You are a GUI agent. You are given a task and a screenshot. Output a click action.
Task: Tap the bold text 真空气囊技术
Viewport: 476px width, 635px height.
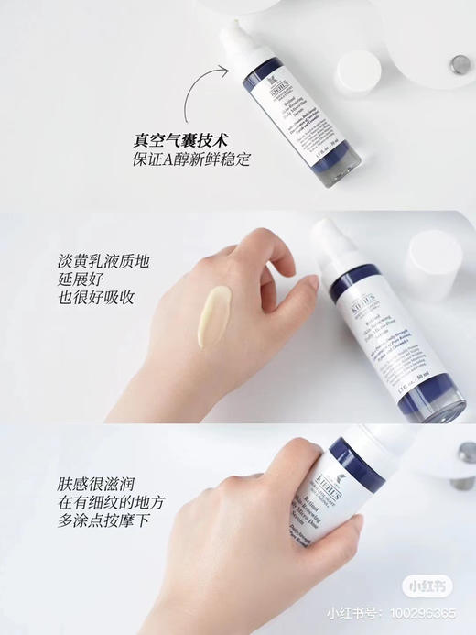coord(179,142)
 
